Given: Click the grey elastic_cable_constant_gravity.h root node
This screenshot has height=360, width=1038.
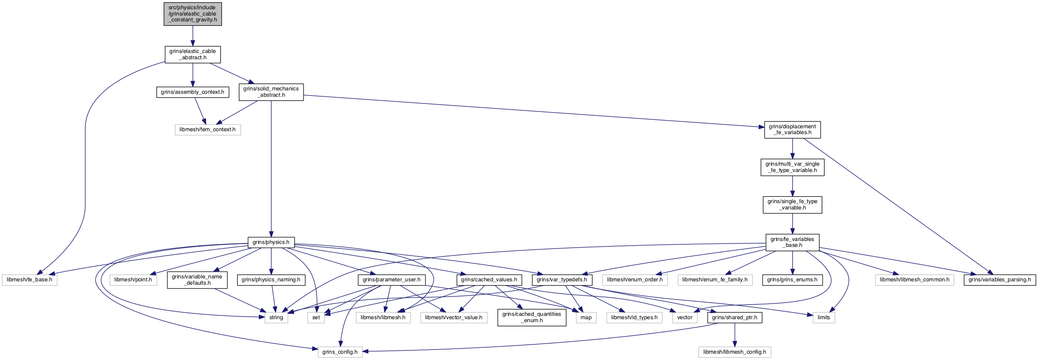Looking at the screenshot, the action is pyautogui.click(x=193, y=14).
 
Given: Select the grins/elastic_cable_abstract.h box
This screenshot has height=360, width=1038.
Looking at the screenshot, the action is pyautogui.click(x=193, y=55).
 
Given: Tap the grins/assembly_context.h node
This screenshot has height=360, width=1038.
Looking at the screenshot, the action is pyautogui.click(x=193, y=92).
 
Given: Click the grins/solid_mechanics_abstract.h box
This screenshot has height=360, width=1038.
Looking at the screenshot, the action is pyautogui.click(x=271, y=92).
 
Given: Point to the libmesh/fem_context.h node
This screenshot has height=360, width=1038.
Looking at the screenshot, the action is pyautogui.click(x=208, y=130).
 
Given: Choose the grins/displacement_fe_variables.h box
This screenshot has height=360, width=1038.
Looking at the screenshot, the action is pyautogui.click(x=792, y=130).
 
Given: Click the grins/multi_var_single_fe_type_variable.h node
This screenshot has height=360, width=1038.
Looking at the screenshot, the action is pyautogui.click(x=792, y=167).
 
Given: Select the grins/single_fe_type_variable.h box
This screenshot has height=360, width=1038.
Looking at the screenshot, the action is pyautogui.click(x=792, y=205).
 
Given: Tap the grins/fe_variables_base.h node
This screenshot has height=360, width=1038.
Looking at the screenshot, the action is pyautogui.click(x=792, y=242).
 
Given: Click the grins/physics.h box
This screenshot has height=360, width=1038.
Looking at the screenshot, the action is pyautogui.click(x=271, y=242).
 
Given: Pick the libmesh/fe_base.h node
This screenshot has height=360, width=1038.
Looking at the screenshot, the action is pyautogui.click(x=29, y=280).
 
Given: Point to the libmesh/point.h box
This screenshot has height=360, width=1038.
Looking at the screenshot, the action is pyautogui.click(x=133, y=280).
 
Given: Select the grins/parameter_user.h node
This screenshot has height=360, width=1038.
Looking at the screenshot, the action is pyautogui.click(x=392, y=280).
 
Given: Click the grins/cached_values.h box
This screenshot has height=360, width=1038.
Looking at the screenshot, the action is pyautogui.click(x=489, y=280).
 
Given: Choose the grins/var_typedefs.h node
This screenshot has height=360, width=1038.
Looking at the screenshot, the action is pyautogui.click(x=562, y=280).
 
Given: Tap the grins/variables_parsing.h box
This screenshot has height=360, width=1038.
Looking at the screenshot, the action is pyautogui.click(x=1000, y=280).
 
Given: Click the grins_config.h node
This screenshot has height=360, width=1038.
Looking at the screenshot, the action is pyautogui.click(x=340, y=352).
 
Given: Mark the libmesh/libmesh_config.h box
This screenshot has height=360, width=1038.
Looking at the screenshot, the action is pyautogui.click(x=735, y=352).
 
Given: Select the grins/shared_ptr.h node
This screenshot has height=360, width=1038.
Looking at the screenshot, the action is pyautogui.click(x=735, y=318).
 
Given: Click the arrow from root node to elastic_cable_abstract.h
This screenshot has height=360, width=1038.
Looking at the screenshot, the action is pyautogui.click(x=193, y=36).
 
